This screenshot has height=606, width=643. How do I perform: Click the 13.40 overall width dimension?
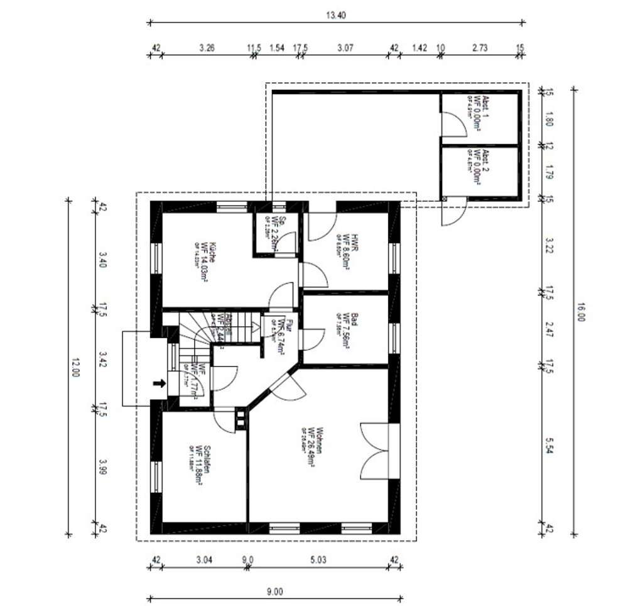tap(335, 16)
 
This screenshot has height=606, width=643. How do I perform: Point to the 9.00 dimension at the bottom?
tap(274, 591)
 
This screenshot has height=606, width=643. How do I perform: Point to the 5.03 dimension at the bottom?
tap(320, 558)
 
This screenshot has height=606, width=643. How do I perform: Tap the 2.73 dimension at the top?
tap(479, 47)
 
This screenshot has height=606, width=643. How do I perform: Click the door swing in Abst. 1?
tap(453, 123)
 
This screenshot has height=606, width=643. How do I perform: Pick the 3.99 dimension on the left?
tap(103, 466)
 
